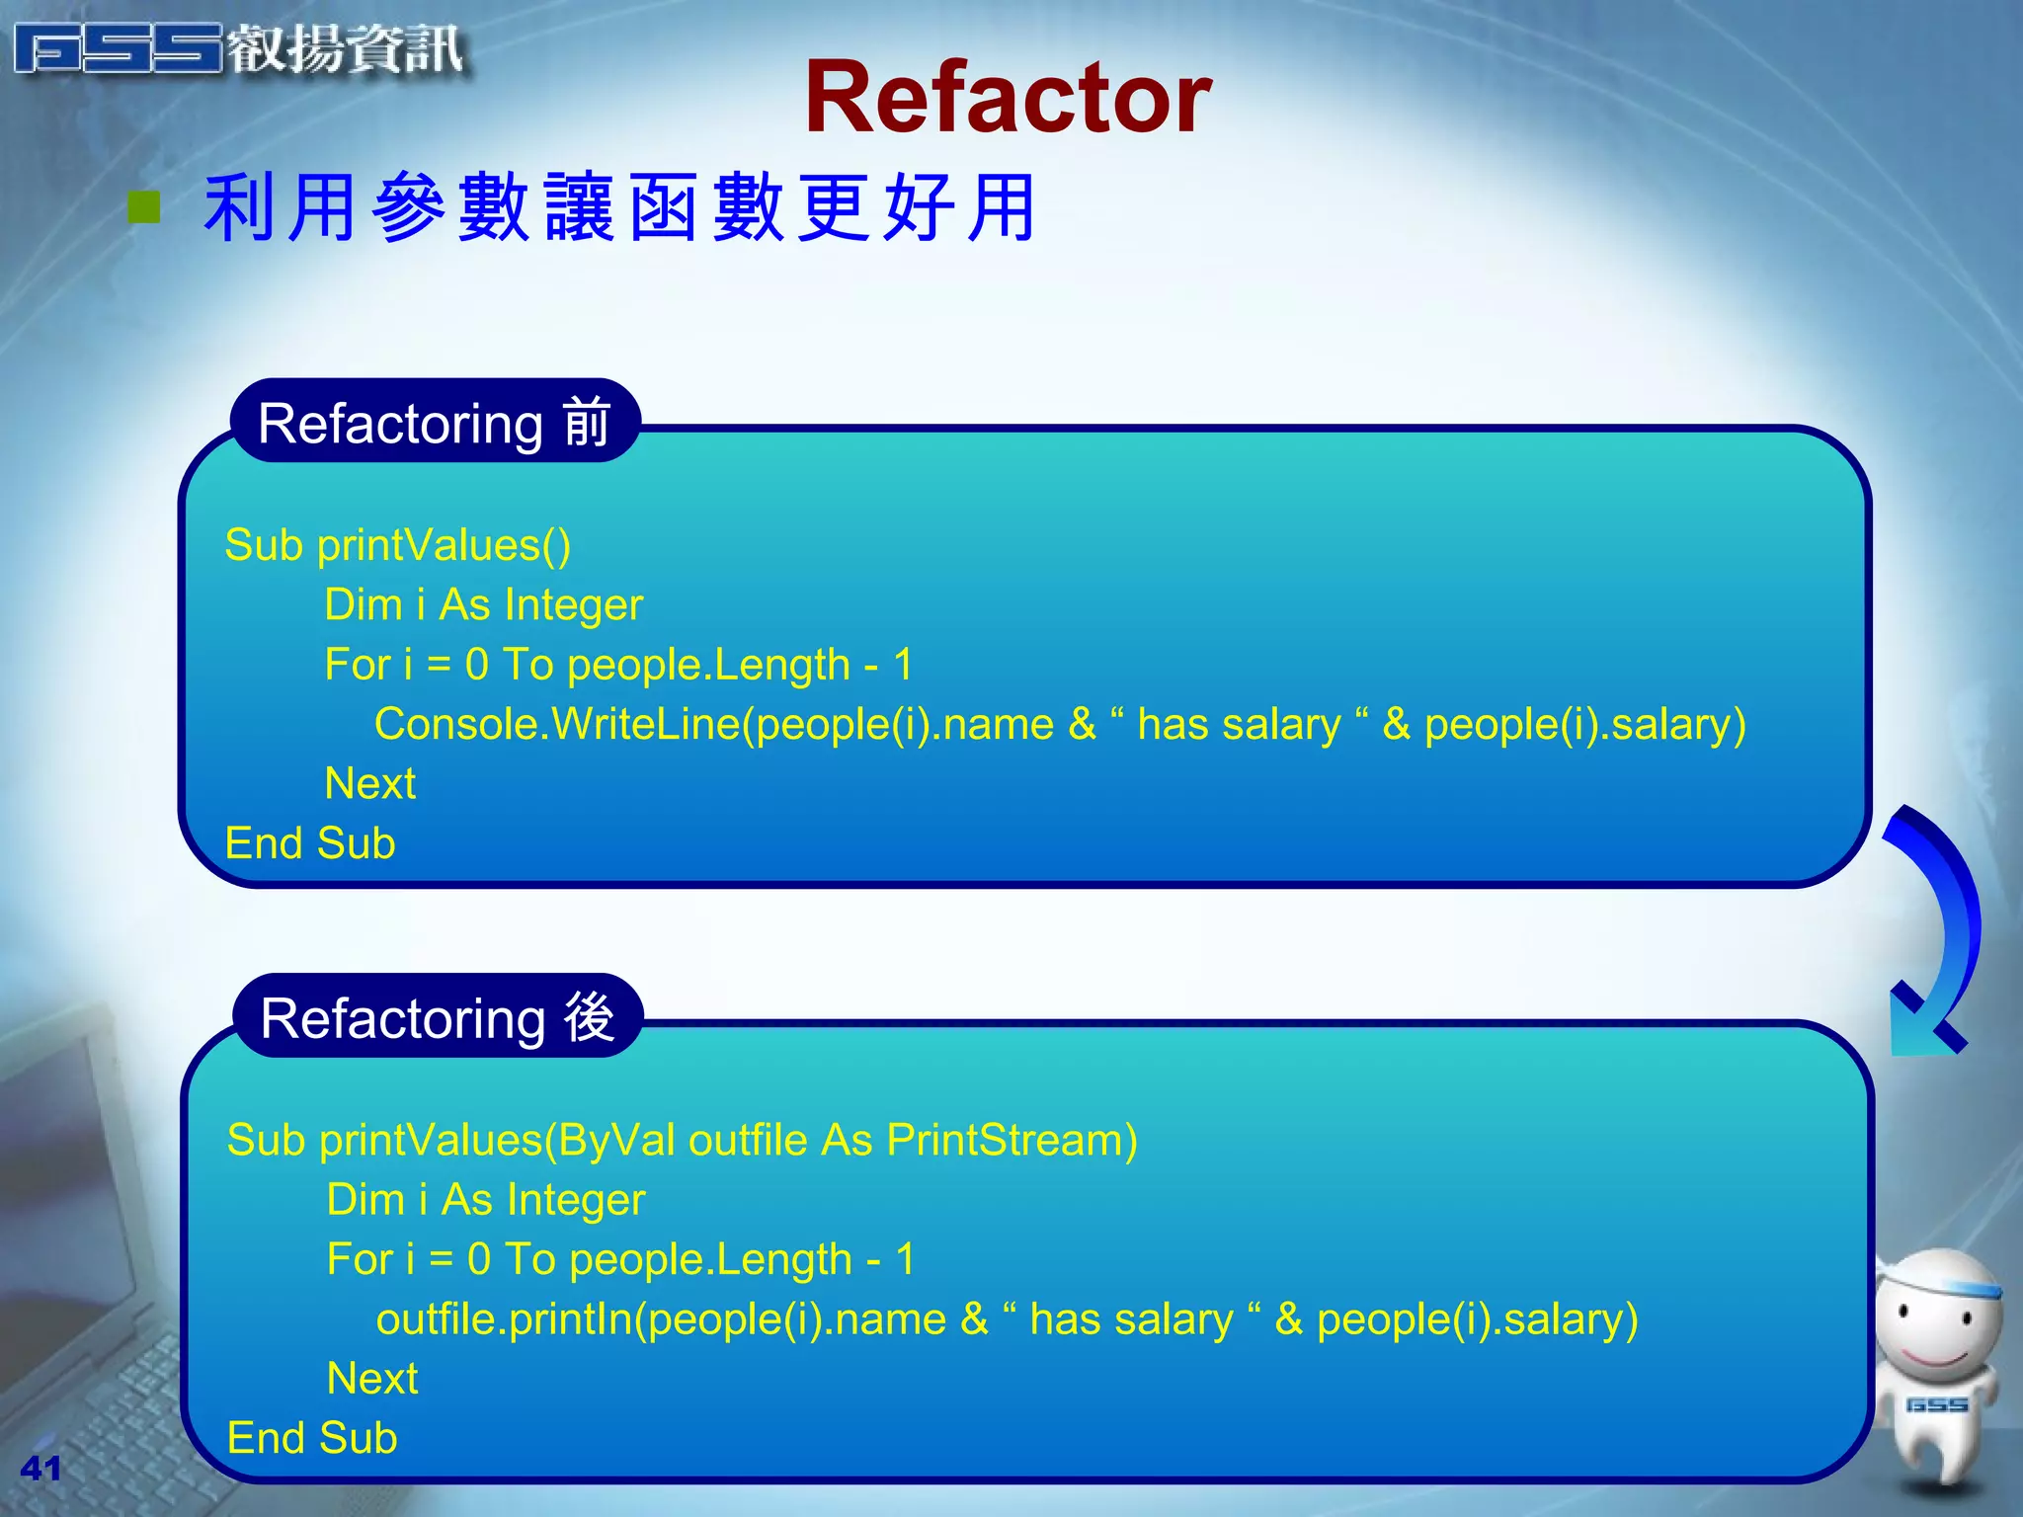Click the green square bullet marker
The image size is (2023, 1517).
144,207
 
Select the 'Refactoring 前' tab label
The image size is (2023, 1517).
435,423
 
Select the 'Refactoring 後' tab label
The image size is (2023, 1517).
438,1017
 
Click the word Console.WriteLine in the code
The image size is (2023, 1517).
556,724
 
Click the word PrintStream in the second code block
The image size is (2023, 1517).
1011,1140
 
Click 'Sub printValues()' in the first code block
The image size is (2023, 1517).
397,545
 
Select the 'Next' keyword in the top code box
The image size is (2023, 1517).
369,783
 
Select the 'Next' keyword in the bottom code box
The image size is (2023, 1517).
371,1379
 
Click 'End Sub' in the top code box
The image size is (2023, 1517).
310,843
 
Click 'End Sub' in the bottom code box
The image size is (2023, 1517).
312,1438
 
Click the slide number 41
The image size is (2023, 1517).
40,1468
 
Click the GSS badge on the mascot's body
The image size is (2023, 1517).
1936,1404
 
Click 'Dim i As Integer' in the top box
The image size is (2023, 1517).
483,604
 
